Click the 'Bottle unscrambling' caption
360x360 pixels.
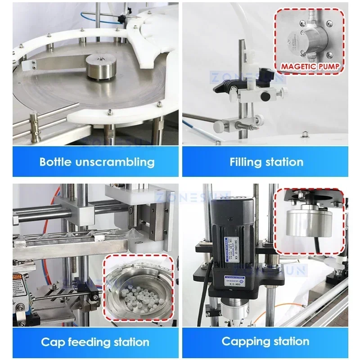pyautogui.click(x=97, y=162)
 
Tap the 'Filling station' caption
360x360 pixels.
pyautogui.click(x=266, y=162)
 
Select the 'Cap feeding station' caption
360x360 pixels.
pyautogui.click(x=95, y=342)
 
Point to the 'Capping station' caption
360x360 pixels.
pyautogui.click(x=265, y=342)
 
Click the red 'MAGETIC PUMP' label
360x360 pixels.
pyautogui.click(x=310, y=67)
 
